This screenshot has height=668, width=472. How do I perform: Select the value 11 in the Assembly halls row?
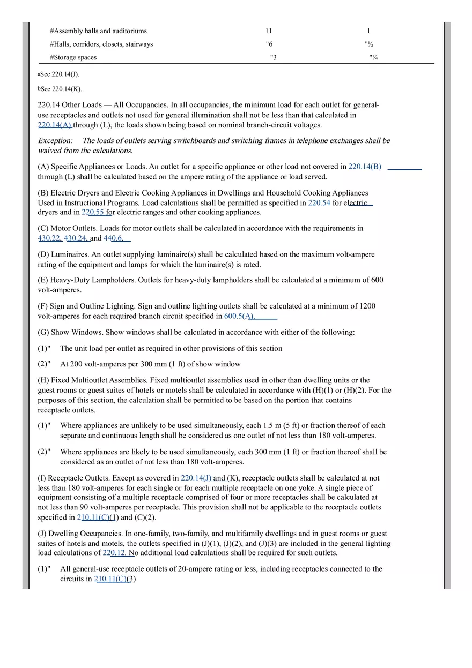tap(268, 31)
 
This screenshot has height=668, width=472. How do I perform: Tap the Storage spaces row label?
tap(73, 57)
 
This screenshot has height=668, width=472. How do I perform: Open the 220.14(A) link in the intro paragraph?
tap(55, 125)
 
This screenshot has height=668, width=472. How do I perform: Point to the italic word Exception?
tap(55, 141)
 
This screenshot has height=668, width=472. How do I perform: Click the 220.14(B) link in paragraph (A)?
tap(365, 167)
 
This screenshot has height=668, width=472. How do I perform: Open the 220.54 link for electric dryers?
tap(319, 203)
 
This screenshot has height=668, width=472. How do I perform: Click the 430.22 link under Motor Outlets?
tap(49, 238)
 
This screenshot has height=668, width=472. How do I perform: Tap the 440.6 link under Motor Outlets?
tap(113, 238)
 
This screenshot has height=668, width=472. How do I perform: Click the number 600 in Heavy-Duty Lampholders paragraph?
tap(377, 280)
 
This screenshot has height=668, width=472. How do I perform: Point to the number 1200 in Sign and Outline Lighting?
tap(367, 306)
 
